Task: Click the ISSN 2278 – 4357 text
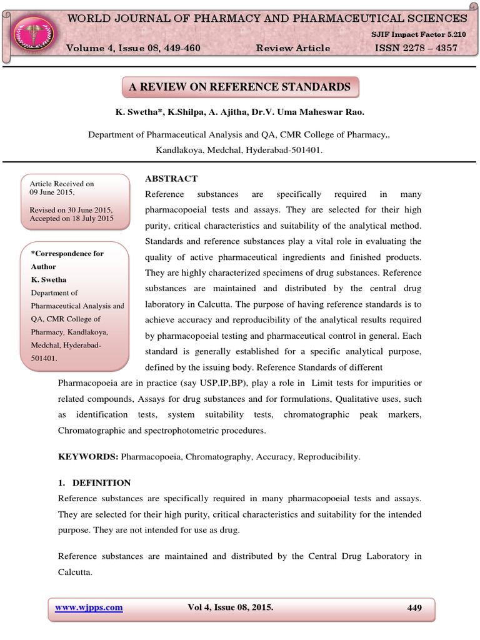[x=415, y=48]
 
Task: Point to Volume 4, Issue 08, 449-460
[x=134, y=48]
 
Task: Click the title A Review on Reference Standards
[x=239, y=87]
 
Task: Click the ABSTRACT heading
[x=171, y=179]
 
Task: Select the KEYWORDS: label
[x=88, y=457]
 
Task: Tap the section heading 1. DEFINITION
[x=94, y=482]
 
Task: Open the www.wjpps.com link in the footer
[x=88, y=607]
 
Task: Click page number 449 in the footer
[x=414, y=607]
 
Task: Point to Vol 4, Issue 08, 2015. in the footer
[x=230, y=607]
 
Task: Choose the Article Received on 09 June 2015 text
[x=61, y=188]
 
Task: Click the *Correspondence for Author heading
[x=67, y=260]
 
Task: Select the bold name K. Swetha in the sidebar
[x=49, y=279]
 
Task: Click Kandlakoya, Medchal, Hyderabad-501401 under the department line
[x=239, y=150]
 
